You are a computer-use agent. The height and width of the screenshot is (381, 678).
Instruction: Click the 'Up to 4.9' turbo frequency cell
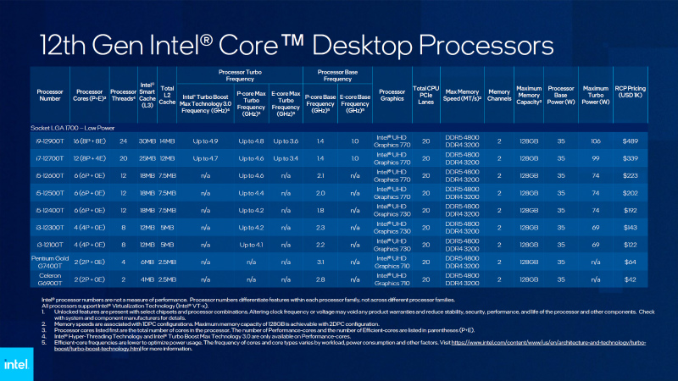point(204,141)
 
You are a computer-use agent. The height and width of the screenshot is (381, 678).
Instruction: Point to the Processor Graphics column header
point(392,94)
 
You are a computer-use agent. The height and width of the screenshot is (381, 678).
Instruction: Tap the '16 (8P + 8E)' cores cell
point(88,141)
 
